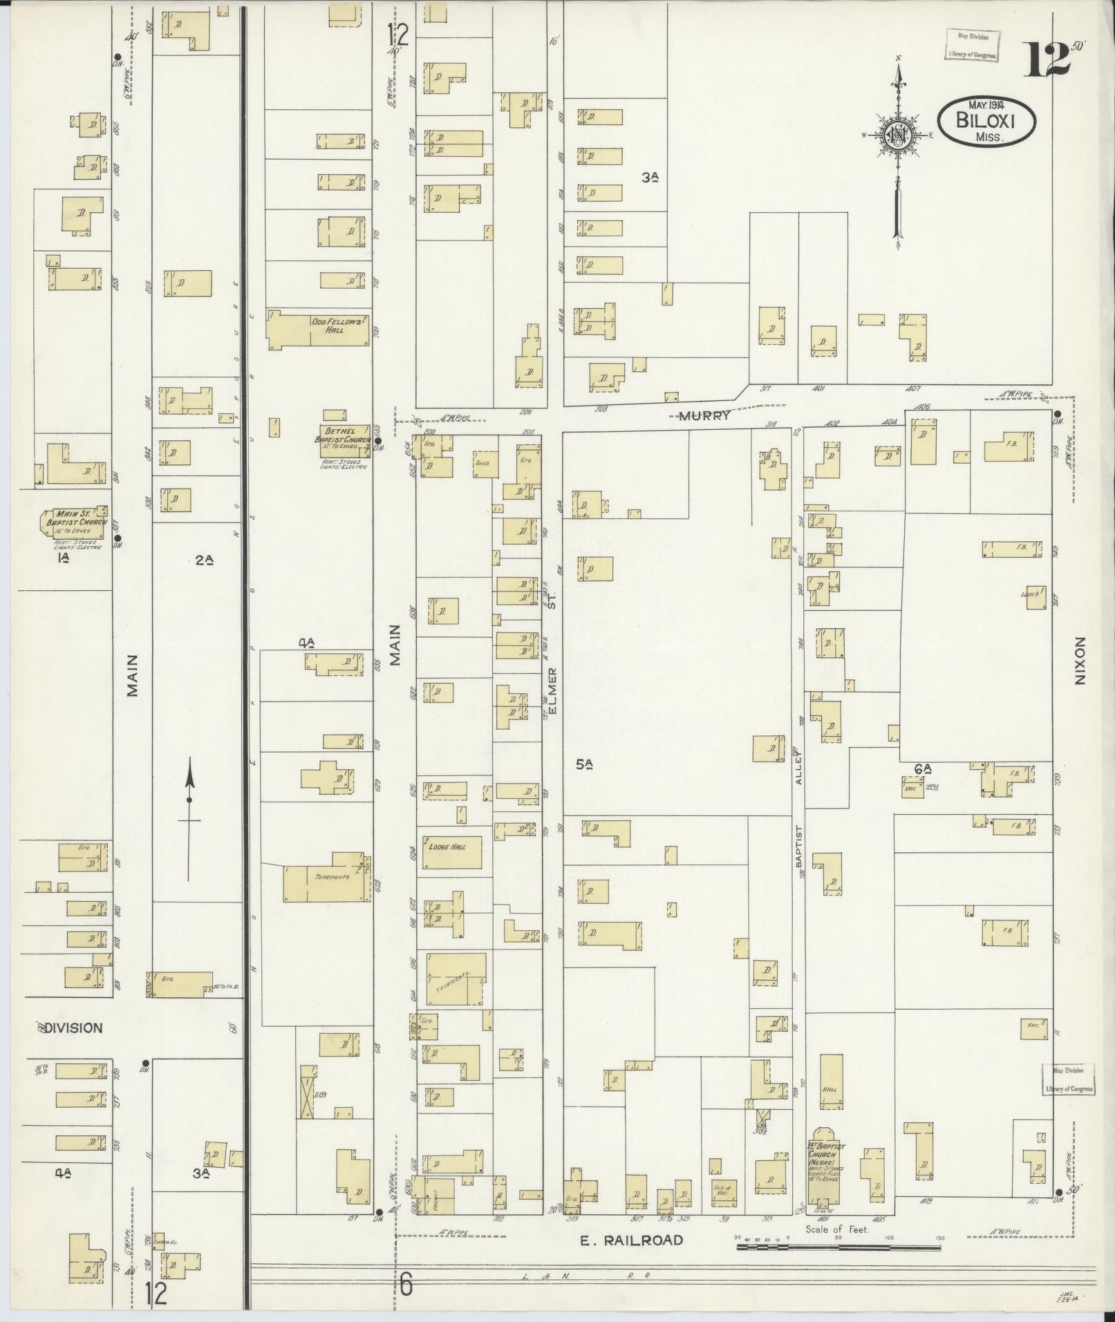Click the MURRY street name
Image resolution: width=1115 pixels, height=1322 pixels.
pos(704,417)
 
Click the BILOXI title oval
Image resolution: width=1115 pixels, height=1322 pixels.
pos(986,120)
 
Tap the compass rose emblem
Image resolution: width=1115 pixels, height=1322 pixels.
pos(897,135)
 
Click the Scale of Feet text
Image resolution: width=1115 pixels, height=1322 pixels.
pos(836,1229)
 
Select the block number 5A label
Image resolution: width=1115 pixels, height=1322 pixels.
pos(584,764)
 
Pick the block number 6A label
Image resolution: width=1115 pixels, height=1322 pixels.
pos(923,768)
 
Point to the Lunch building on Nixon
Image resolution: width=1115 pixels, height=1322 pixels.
pos(1035,597)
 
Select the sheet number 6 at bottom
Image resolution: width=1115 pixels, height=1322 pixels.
pos(406,1286)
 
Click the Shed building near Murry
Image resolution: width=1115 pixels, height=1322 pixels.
pos(482,463)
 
